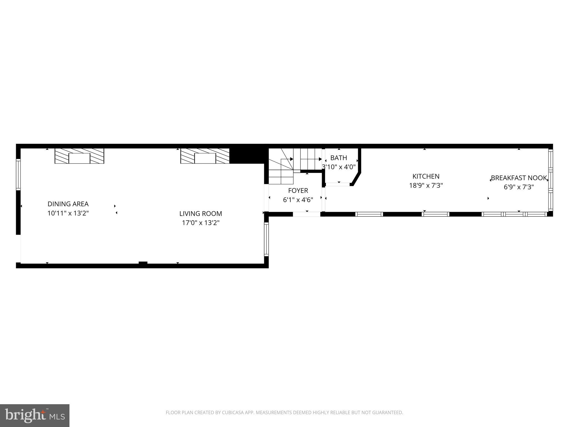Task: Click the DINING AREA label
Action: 68,204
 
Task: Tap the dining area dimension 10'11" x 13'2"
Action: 68,213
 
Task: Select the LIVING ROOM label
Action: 201,214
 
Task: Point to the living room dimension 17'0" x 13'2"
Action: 201,223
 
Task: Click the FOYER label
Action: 298,191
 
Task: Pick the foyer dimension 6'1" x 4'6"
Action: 298,200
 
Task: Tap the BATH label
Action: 339,158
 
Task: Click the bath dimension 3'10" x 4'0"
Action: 339,167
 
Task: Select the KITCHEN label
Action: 426,177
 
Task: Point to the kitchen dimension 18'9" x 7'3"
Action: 426,185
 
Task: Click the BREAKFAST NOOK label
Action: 519,178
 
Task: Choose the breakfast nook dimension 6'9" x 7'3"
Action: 519,187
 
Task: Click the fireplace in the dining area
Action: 79,156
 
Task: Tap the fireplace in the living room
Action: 205,156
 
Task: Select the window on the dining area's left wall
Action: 18,174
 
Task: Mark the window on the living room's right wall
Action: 266,239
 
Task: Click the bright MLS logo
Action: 35,416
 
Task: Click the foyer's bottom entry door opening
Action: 307,214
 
